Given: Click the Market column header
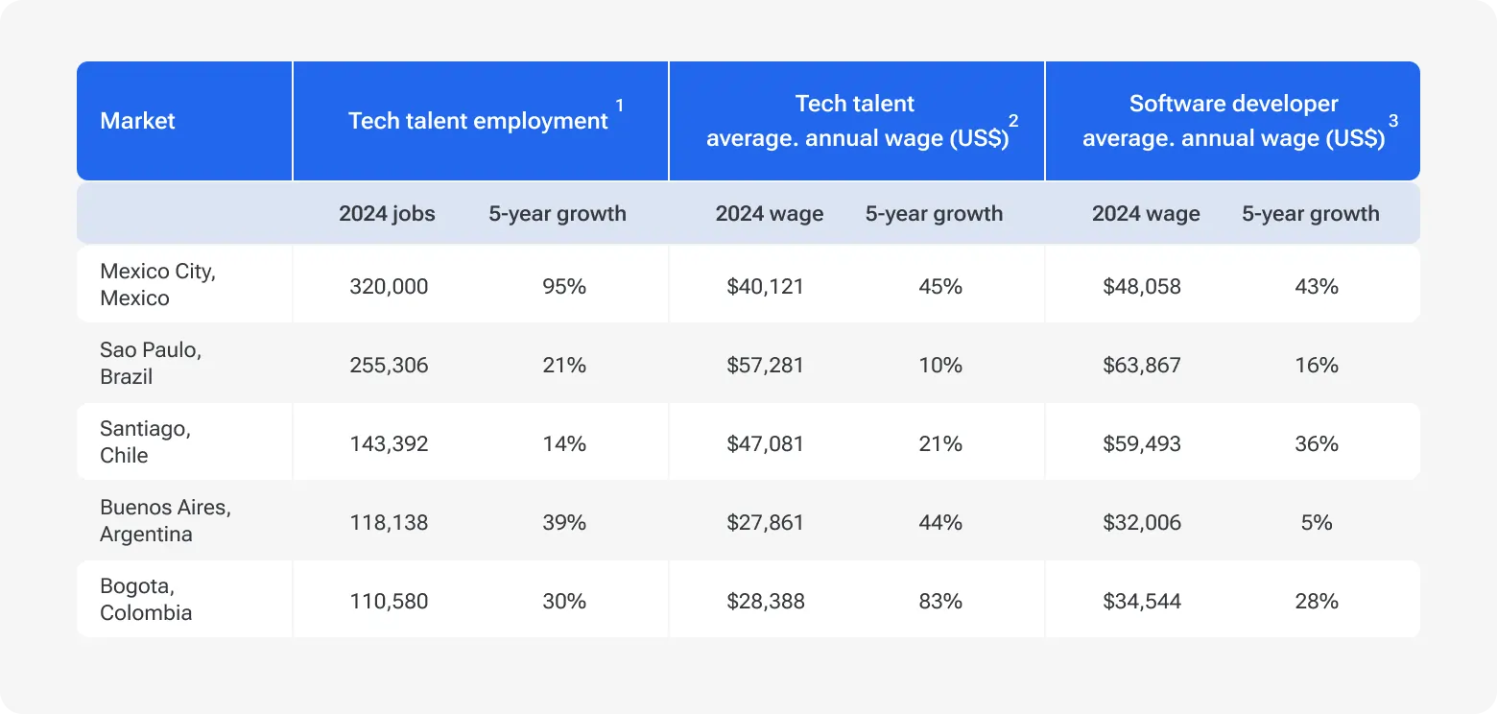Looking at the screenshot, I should [137, 121].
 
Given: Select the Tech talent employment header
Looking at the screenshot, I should [478, 121].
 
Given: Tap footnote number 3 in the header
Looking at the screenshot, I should [1393, 121].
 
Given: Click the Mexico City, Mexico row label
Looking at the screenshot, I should [157, 285].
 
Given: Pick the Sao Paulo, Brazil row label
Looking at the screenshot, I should [150, 364].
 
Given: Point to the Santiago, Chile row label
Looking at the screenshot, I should [145, 442].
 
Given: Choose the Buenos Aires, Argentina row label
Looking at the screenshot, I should [165, 521].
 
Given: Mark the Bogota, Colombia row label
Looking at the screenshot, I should [146, 600].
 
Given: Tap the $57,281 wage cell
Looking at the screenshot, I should [765, 365].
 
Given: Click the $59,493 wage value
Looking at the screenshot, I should [1142, 443].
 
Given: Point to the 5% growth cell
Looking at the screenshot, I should [1316, 522].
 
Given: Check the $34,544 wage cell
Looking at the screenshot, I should [1142, 601].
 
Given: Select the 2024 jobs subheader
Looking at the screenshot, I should [387, 213].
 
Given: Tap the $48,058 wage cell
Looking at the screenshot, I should [1142, 286].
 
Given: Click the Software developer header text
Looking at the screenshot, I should [1233, 104].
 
